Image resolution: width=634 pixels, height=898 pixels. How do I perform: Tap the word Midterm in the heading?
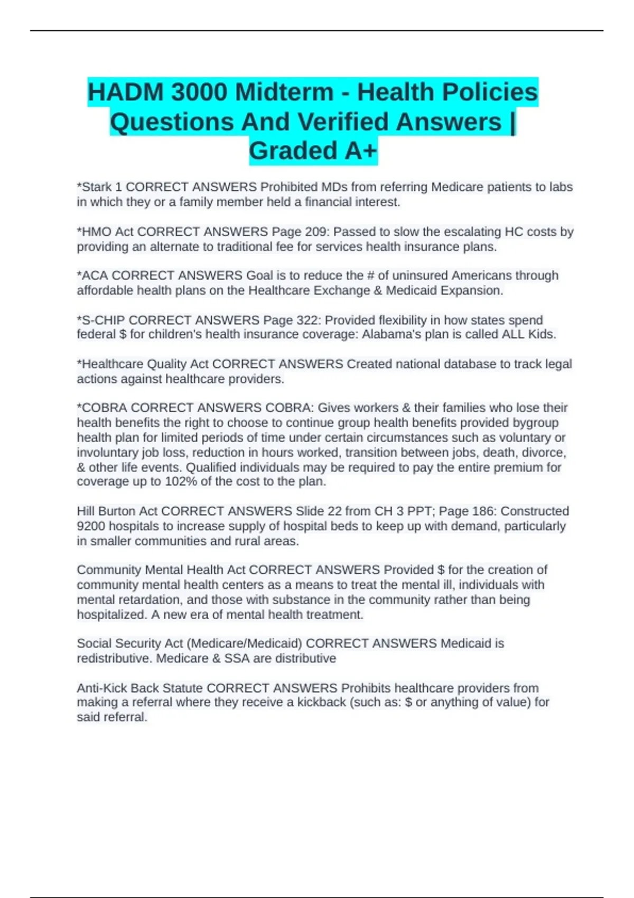(284, 92)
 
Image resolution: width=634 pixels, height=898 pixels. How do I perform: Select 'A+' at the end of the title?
(361, 151)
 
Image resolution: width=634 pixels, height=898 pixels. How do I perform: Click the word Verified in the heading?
(345, 122)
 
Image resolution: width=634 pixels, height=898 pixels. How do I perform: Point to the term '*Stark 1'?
(99, 187)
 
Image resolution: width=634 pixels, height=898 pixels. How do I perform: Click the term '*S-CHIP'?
(101, 320)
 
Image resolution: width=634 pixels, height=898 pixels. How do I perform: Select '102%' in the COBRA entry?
(182, 482)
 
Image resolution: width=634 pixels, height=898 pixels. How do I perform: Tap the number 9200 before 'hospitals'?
(91, 526)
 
